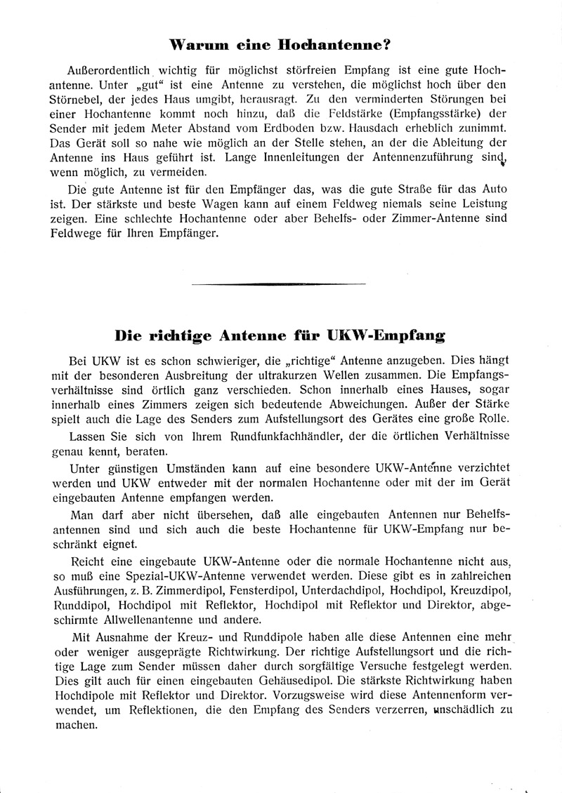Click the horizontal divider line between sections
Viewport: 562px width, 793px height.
278,284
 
